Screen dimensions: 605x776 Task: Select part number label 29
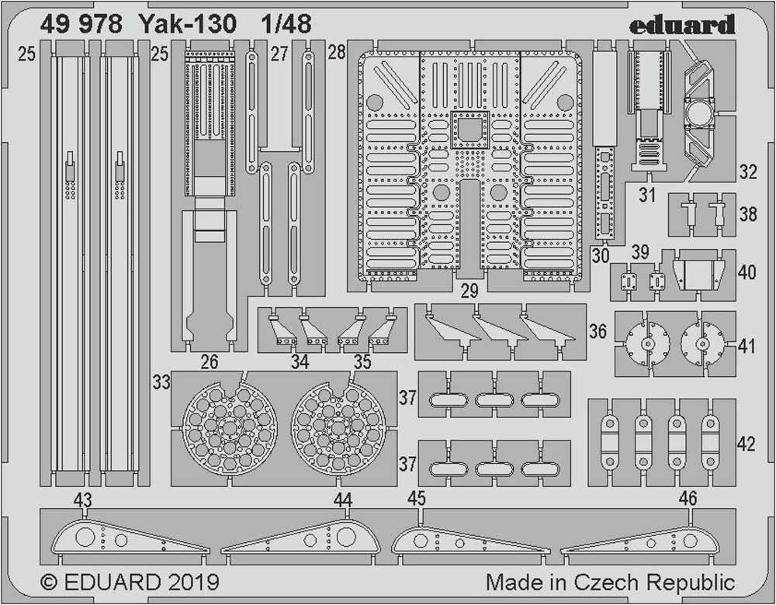[468, 292]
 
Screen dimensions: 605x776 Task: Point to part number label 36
[598, 331]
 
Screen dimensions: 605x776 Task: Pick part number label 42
[746, 444]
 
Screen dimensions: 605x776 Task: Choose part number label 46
[688, 499]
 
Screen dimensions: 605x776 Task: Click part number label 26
[209, 361]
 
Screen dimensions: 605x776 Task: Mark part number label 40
[747, 273]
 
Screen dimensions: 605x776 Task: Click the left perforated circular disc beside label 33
[230, 430]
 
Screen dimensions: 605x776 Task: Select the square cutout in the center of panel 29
[468, 128]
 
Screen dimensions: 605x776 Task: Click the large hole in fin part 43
[86, 537]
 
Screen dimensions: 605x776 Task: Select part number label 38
[748, 214]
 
